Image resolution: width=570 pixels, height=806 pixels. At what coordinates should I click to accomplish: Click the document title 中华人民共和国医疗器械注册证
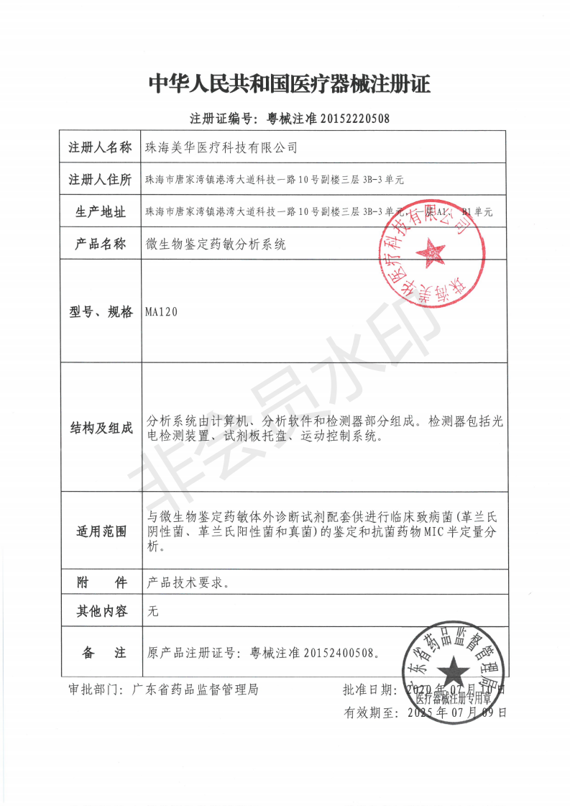pos(289,84)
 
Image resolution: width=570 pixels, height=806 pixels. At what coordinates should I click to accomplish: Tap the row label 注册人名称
pos(100,148)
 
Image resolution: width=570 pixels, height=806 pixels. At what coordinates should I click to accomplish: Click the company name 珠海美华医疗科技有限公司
pos(221,148)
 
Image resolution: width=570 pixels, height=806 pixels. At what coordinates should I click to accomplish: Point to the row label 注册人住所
pos(100,179)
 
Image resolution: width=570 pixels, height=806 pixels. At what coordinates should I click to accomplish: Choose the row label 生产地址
pos(100,212)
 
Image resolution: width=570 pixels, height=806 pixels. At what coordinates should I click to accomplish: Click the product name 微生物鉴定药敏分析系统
pos(216,244)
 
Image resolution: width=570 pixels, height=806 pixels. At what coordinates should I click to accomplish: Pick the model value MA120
pos(160,312)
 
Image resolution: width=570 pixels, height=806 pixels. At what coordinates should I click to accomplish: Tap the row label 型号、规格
pos(100,312)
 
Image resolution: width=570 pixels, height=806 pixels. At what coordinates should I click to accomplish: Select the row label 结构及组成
pos(100,429)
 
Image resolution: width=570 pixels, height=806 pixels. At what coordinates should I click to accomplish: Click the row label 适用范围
pos(100,532)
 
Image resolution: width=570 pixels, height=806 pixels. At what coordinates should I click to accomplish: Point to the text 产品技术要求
pos(188,582)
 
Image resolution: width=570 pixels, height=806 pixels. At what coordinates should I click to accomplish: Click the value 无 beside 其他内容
pos(152,612)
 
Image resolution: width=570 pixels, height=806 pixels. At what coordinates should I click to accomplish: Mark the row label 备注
pos(100,653)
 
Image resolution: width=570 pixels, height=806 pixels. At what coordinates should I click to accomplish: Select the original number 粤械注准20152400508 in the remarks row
pos(313,653)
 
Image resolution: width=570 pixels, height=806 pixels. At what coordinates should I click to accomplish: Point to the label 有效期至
pos(371,713)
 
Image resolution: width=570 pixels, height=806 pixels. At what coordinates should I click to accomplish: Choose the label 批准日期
pos(369,690)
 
